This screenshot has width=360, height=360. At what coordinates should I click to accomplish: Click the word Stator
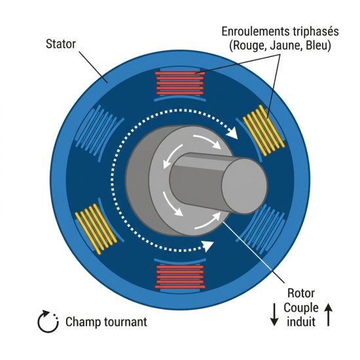click(x=61, y=44)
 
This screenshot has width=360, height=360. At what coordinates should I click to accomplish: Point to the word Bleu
click(x=316, y=45)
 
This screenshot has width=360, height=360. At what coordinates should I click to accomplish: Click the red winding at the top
click(x=180, y=83)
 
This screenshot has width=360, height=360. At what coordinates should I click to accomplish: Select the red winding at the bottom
click(x=180, y=277)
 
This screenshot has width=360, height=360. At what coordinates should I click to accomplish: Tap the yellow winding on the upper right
click(x=264, y=130)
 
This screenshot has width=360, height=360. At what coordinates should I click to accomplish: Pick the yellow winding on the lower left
click(x=96, y=229)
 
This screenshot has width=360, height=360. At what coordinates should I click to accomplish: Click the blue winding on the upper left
click(x=96, y=130)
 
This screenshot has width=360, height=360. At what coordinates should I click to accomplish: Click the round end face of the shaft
click(x=245, y=186)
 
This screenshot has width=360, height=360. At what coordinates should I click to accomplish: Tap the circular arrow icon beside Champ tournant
click(x=48, y=321)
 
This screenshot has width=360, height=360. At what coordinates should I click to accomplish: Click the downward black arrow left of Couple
click(x=274, y=315)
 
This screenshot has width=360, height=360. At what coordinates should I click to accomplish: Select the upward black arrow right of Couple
click(x=329, y=315)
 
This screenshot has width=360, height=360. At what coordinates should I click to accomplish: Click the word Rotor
click(x=301, y=293)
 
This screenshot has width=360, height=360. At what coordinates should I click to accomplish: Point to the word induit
click(x=301, y=321)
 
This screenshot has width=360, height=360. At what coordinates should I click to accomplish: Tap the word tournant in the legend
click(x=126, y=322)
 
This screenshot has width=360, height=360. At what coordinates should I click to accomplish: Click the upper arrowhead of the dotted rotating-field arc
click(x=233, y=133)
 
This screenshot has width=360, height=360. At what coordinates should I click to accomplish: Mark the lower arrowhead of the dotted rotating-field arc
click(x=207, y=245)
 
